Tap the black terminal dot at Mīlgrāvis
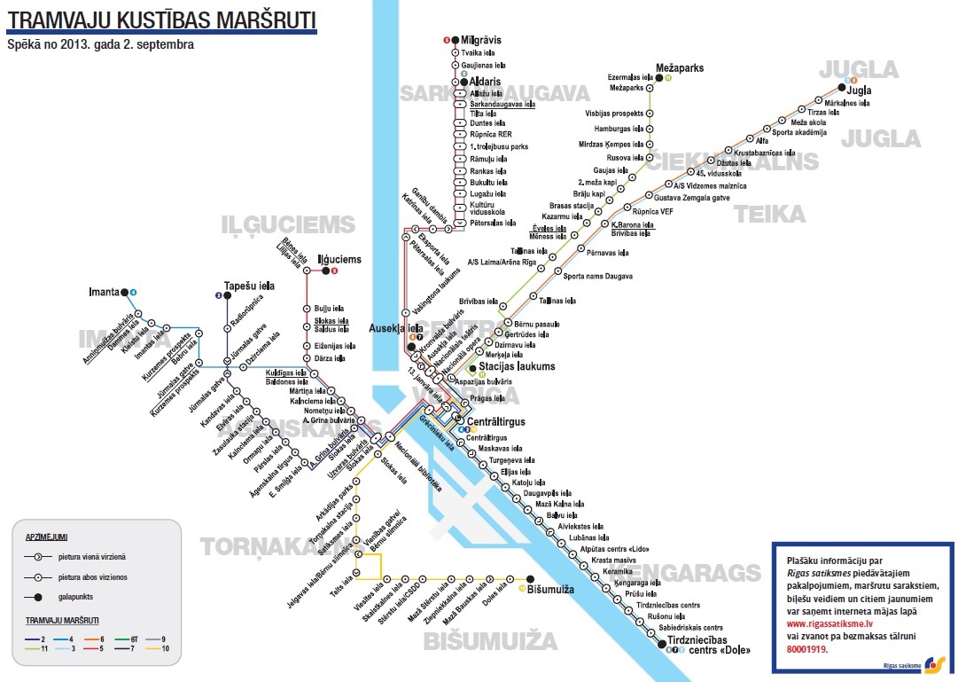coord(455,40)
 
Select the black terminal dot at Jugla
coord(840,87)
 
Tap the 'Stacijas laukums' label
coord(517,366)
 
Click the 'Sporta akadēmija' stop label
coord(798,132)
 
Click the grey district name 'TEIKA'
coord(769,214)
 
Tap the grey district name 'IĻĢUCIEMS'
coord(288,225)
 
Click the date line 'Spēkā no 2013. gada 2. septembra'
coord(99,43)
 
